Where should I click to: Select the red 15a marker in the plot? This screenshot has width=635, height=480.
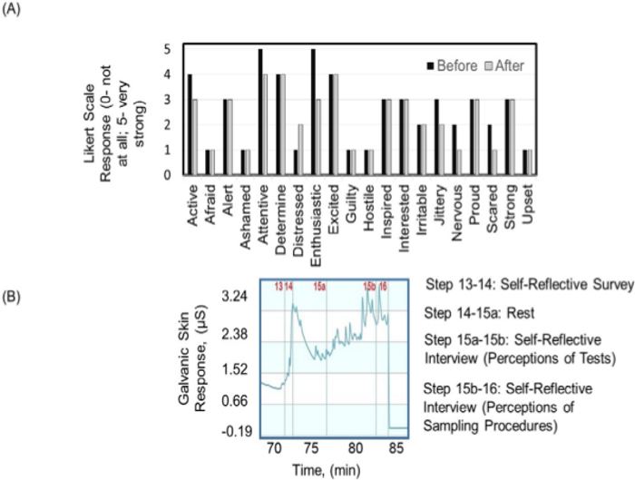pyautogui.click(x=319, y=288)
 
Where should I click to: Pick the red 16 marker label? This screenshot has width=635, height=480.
pyautogui.click(x=384, y=288)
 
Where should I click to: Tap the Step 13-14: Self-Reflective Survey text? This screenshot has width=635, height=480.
pyautogui.click(x=528, y=284)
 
